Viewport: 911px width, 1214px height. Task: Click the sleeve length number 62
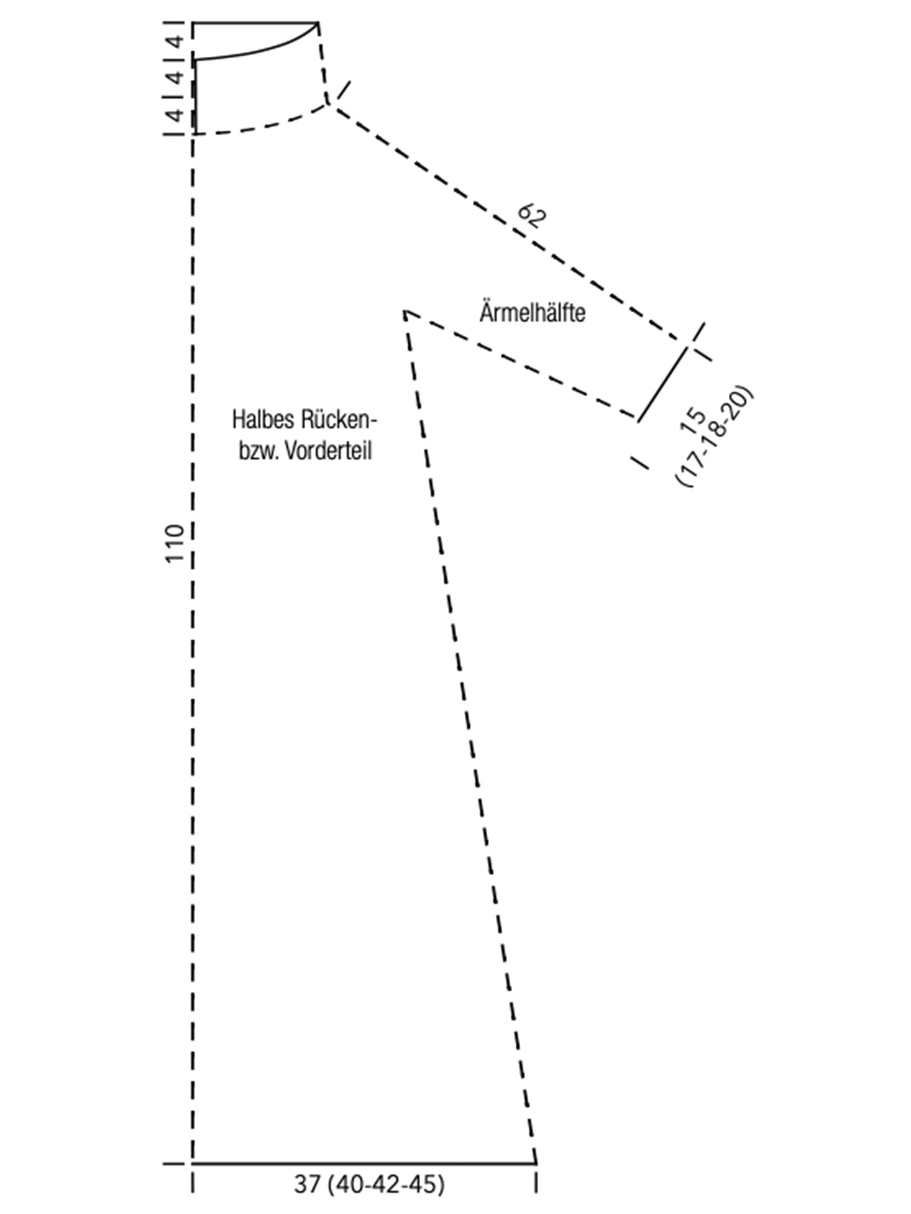tap(531, 215)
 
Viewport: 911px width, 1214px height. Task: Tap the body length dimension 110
tap(175, 544)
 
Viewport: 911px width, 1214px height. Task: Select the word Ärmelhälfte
tap(532, 313)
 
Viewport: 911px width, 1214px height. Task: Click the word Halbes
tap(264, 420)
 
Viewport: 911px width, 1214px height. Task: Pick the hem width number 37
tap(307, 1184)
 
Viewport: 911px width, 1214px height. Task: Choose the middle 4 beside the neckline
tap(175, 77)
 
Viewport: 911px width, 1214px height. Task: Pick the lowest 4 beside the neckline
tap(175, 115)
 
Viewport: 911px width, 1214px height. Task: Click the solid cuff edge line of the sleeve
tap(664, 384)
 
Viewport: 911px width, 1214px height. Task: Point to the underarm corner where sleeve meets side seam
tap(405, 313)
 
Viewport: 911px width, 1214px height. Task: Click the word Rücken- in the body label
tap(339, 420)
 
